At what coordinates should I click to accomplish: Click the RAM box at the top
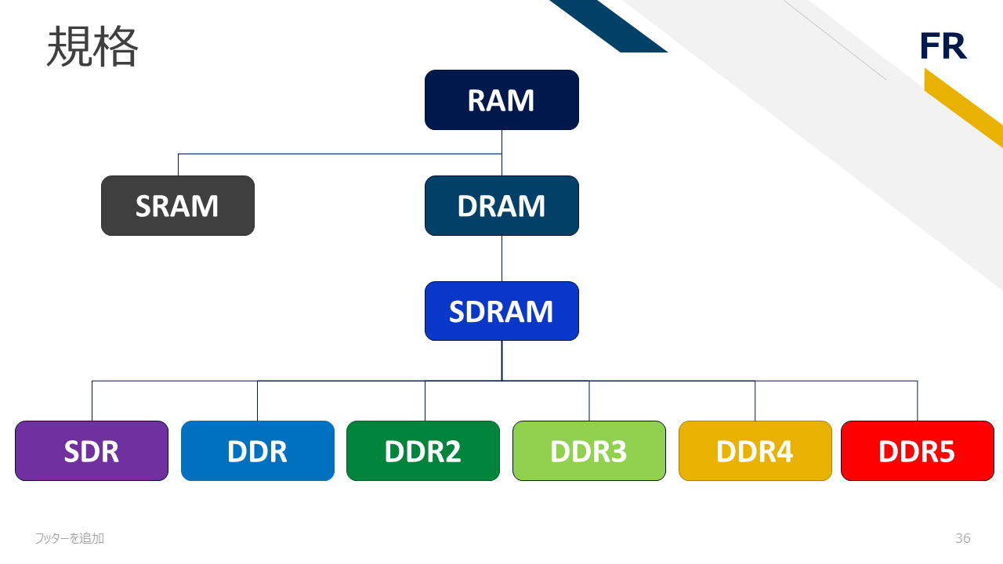click(501, 100)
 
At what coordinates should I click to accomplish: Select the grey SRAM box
click(178, 205)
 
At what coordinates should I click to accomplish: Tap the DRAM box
click(501, 205)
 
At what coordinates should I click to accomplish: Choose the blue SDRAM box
click(501, 311)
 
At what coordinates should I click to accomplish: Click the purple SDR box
click(92, 450)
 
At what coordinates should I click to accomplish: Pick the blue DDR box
click(258, 450)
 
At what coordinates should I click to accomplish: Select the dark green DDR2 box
click(423, 450)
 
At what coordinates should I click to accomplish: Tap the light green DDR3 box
click(589, 450)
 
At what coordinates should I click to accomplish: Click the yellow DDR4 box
click(755, 450)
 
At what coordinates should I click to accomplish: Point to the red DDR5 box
click(917, 450)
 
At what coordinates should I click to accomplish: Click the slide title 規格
click(92, 47)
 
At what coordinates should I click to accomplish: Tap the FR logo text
click(943, 47)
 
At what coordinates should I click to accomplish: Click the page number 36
click(963, 538)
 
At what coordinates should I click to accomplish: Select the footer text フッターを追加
click(70, 538)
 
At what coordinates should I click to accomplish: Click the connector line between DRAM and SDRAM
click(501, 258)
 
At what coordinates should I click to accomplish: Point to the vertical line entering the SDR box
click(92, 401)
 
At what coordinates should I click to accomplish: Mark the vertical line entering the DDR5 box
click(917, 401)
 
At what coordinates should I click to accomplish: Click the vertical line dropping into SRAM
click(178, 164)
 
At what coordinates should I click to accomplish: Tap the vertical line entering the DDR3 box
click(589, 401)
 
